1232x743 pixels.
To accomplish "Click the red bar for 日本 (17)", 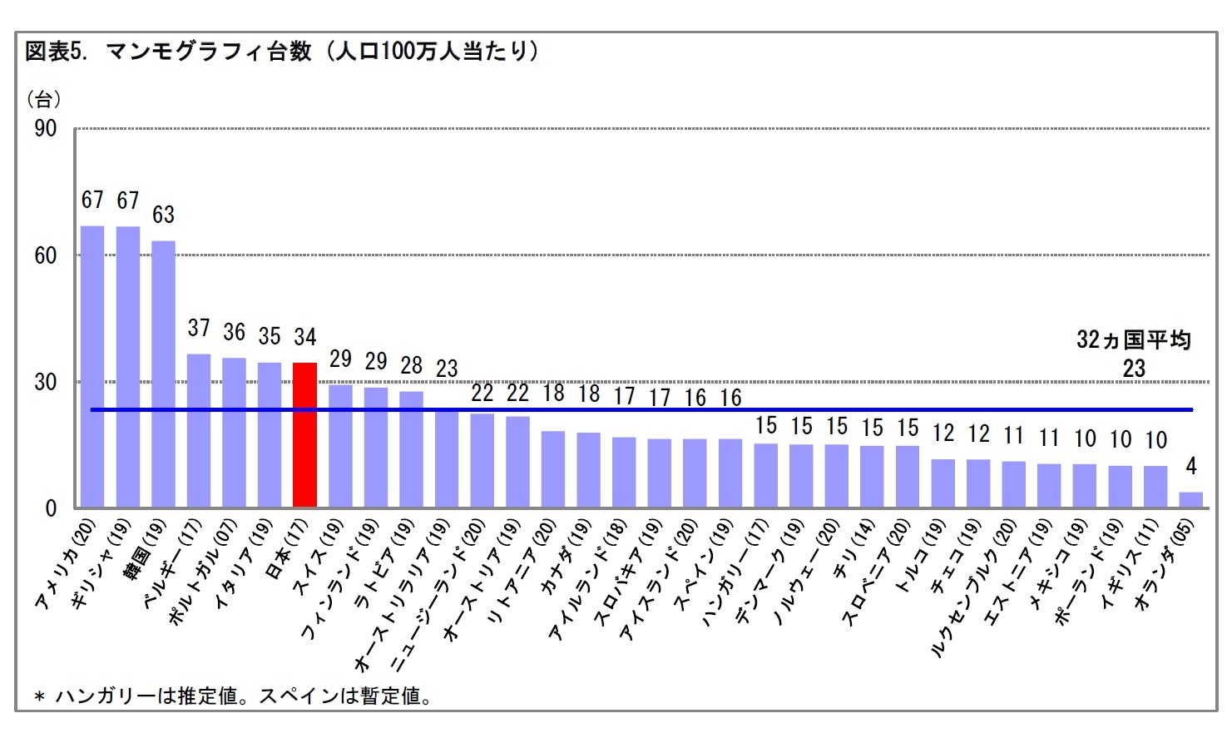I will [304, 434].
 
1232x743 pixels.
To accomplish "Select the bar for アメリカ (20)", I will [92, 366].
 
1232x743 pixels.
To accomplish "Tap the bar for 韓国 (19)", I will [163, 374].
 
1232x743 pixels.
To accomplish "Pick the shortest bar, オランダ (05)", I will [1190, 499].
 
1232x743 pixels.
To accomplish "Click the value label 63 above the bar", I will [163, 215].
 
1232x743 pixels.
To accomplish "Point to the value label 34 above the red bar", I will [304, 337].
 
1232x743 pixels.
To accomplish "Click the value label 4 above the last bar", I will [1190, 466].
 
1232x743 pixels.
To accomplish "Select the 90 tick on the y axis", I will [46, 128].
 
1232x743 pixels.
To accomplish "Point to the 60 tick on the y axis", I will [46, 255].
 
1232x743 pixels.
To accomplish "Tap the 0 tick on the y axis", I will [51, 508].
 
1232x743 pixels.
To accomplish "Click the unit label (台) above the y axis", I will [43, 100].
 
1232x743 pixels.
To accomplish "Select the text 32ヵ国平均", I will [1133, 339].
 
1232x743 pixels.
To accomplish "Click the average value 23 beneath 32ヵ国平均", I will [1133, 369].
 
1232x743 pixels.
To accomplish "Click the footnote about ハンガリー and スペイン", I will [233, 696].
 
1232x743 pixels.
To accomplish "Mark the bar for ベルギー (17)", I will [199, 430].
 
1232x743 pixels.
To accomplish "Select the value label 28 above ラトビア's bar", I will [411, 365].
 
